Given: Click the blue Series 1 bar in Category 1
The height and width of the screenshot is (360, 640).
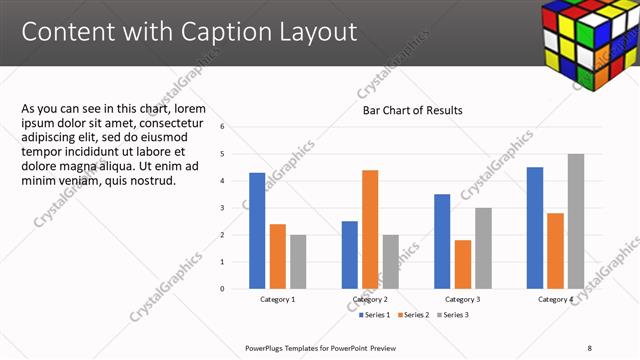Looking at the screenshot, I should pos(257,231).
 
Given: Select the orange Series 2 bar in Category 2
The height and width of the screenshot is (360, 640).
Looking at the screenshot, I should pos(370,229).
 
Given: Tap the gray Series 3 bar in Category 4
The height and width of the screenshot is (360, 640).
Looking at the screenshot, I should pos(575,221).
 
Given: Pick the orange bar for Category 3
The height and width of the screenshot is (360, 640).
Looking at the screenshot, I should pos(462,264).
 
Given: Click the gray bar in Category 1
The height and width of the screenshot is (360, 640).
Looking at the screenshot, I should pos(298,262).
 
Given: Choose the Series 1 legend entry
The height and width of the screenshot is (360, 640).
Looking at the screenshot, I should pos(376,315).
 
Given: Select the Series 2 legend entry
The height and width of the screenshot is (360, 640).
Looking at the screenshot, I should pos(414,315).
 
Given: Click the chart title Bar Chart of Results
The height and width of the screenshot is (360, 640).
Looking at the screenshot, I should pos(412,110).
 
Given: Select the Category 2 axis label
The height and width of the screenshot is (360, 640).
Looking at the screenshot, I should pos(370,300).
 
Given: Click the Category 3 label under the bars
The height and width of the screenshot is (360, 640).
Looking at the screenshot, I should pos(462,300).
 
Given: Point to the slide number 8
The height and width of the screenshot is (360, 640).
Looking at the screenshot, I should pos(589,348).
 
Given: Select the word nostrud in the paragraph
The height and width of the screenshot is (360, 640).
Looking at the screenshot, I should pos(153,180).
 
